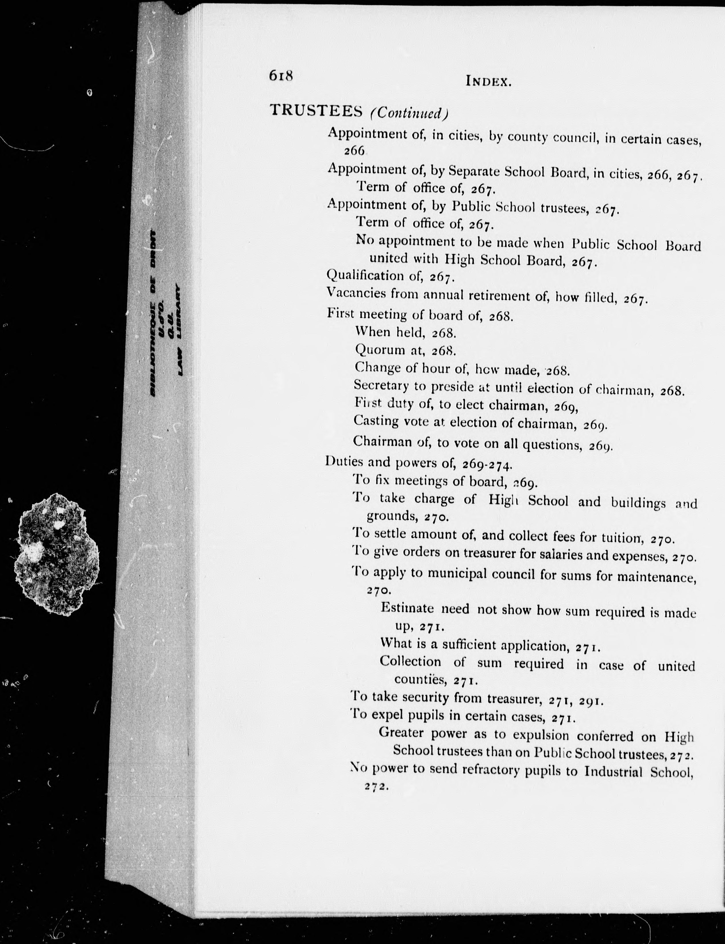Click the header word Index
tap(489, 81)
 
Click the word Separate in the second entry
tap(473, 172)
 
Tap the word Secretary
tap(381, 385)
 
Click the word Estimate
tap(407, 608)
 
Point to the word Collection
tap(410, 661)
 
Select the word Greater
tap(401, 732)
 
